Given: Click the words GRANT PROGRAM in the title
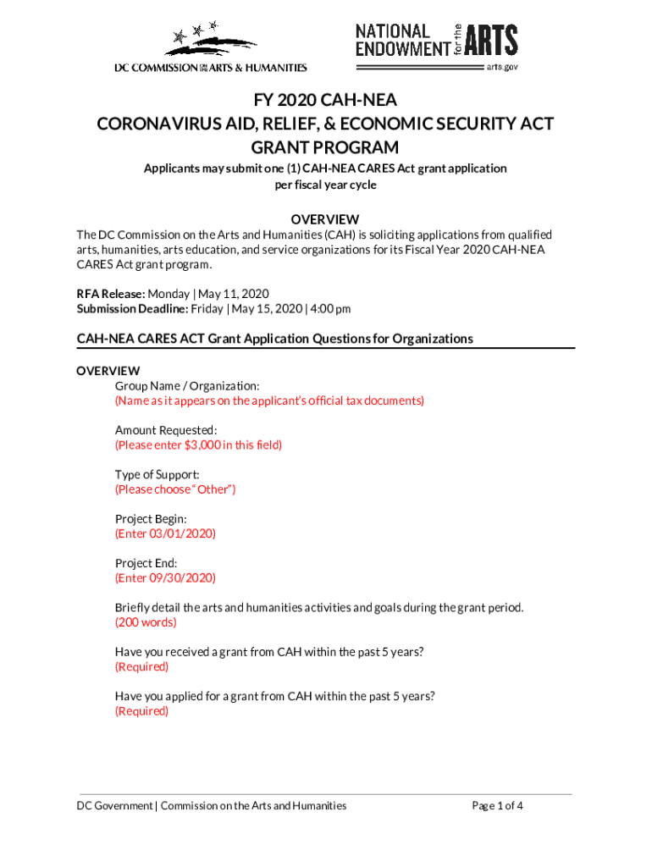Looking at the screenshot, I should coord(325,147).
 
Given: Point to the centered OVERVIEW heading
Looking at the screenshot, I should coord(325,219).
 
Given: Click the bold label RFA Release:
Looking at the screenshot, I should coord(110,294).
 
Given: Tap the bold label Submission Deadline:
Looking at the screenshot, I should coord(133,309).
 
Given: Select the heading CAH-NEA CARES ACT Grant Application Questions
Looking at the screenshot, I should coord(274,339).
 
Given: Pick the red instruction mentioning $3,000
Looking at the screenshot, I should coord(198,445).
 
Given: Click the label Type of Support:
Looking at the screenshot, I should coord(157,474).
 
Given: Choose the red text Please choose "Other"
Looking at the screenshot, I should coord(175,489).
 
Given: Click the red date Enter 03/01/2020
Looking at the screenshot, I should coord(165,533).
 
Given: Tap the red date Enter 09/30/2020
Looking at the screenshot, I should coord(165,578).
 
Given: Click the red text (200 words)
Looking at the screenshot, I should coord(146,622).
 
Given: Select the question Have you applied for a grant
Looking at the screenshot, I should coord(275,696).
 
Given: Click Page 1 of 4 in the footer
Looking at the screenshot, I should coord(497,806).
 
